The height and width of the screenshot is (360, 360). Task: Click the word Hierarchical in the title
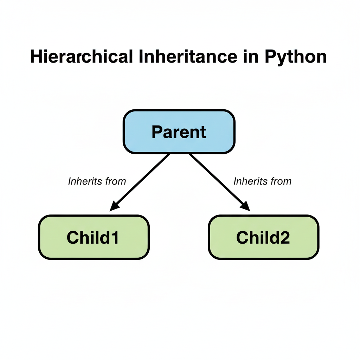pos(82,57)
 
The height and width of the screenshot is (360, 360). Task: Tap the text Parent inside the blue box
pos(179,132)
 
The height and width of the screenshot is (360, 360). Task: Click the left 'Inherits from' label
pos(97,181)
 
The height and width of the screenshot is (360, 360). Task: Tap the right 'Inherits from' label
pos(262,181)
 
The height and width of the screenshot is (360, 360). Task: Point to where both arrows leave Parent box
pos(179,154)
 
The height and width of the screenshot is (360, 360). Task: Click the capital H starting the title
pos(36,57)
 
